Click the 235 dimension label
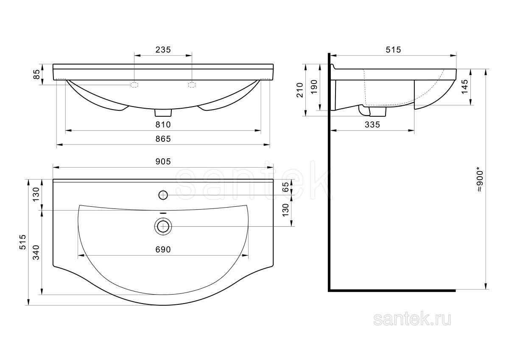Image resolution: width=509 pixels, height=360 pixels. pos(163,50)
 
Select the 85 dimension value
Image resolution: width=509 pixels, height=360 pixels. pos(36,74)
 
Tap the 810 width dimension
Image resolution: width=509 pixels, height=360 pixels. pos(163,125)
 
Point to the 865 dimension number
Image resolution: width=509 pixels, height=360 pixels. pos(163,139)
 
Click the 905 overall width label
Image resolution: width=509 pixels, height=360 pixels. pos(163,161)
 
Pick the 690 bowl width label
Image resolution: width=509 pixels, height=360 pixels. pos(163,250)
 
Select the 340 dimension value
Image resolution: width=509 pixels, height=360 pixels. pos(36,253)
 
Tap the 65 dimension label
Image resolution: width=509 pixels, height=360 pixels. pos(286,187)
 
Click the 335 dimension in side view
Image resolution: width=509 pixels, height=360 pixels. pos(372,125)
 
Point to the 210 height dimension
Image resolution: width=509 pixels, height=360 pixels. pos(300,90)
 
